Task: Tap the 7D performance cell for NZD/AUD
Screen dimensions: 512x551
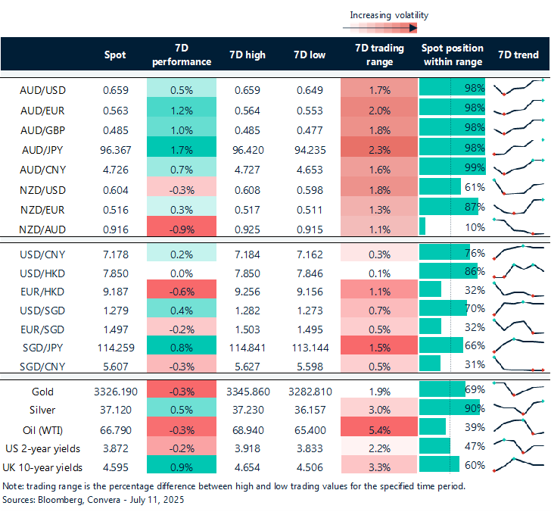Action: pyautogui.click(x=181, y=226)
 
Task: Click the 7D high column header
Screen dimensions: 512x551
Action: pyautogui.click(x=245, y=55)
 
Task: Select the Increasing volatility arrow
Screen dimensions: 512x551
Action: pyautogui.click(x=380, y=28)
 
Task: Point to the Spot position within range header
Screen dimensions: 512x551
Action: pyautogui.click(x=452, y=55)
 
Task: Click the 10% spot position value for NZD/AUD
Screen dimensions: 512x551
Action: pyautogui.click(x=475, y=226)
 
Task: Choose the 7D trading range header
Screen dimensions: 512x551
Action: pyautogui.click(x=379, y=55)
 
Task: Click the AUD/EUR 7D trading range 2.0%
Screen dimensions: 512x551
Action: pyautogui.click(x=379, y=108)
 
